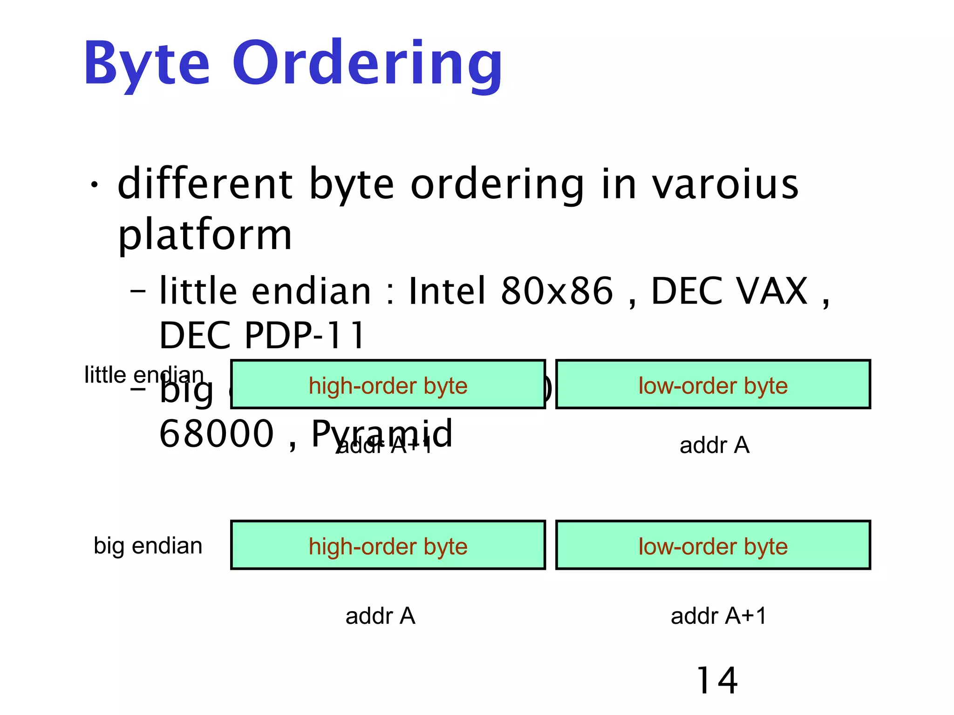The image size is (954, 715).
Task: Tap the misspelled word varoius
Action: coord(725,184)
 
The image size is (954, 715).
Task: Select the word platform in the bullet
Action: coord(205,235)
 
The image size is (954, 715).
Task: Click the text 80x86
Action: coord(557,291)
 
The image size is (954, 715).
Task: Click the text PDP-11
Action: coord(305,335)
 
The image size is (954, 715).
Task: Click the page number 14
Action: coord(717,681)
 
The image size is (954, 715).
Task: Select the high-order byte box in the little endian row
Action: coord(388,384)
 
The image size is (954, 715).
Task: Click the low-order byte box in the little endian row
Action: coord(713,384)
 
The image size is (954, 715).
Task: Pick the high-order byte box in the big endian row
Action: coord(388,545)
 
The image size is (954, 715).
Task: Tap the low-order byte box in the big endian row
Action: coord(713,545)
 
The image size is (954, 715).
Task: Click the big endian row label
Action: coord(148,546)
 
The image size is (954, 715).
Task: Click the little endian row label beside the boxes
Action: coord(143,375)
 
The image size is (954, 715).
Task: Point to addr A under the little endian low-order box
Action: coord(714,445)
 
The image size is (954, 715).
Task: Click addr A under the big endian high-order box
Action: coord(380,616)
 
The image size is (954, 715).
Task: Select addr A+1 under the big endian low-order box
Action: coord(718,616)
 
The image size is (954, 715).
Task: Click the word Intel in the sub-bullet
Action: coord(447,291)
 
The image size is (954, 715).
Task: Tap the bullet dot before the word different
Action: coord(95,185)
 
